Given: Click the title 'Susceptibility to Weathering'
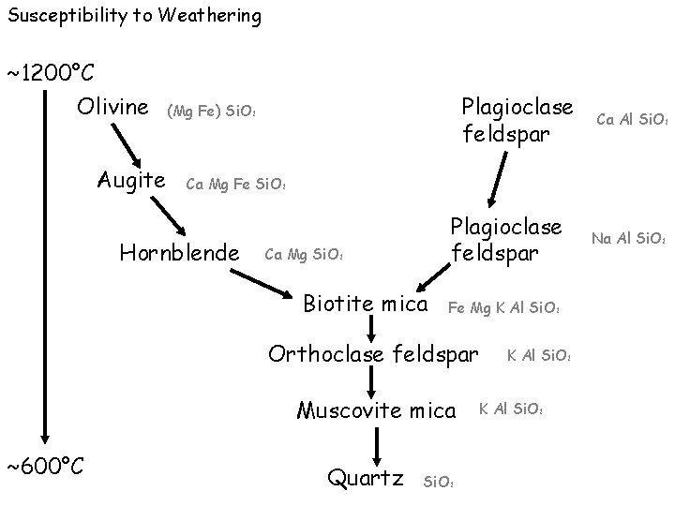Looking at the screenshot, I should (x=131, y=16).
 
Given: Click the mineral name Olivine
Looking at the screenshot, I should (x=112, y=107).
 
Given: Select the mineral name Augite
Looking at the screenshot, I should (x=132, y=180).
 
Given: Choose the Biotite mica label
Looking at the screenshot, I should (x=366, y=305).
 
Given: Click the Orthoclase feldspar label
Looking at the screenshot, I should (x=373, y=354).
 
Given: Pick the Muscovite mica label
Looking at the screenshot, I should (x=376, y=409).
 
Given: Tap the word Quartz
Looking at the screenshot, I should (x=365, y=478).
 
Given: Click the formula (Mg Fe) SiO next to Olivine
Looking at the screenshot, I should (x=212, y=113).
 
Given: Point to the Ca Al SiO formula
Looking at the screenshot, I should (x=631, y=119).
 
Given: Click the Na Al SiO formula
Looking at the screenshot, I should (x=628, y=240).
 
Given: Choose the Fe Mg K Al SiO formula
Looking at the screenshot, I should (x=504, y=308).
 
